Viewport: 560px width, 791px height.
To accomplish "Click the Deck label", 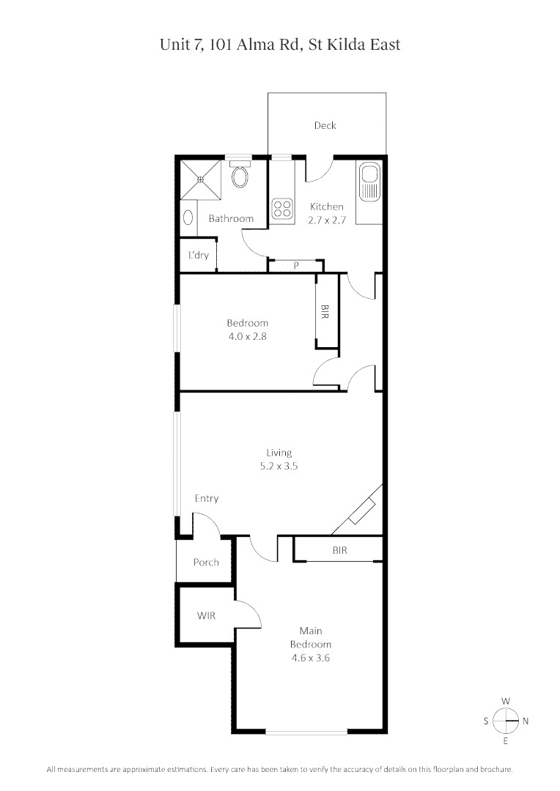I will [x=325, y=125].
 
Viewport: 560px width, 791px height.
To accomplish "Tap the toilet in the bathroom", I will [x=239, y=176].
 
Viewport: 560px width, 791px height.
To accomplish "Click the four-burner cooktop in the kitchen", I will [x=282, y=209].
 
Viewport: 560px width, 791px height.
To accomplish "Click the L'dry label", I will [x=198, y=256].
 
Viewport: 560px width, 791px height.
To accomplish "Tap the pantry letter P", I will [x=296, y=266].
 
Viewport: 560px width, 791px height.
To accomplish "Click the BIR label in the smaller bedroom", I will [x=325, y=311].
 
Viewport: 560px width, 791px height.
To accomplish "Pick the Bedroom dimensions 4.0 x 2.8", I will [x=247, y=336].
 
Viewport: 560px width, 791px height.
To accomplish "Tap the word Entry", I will [x=206, y=499].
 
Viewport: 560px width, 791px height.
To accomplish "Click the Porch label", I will [x=206, y=562].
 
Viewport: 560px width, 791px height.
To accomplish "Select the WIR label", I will [x=206, y=616].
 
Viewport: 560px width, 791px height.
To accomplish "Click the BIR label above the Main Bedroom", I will [x=339, y=550].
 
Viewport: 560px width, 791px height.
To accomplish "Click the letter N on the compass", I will [x=525, y=721].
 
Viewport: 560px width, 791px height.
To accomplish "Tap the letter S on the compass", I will [x=486, y=721].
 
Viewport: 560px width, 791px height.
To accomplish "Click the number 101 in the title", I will [x=224, y=45].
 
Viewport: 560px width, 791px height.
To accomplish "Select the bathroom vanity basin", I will [x=188, y=218].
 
